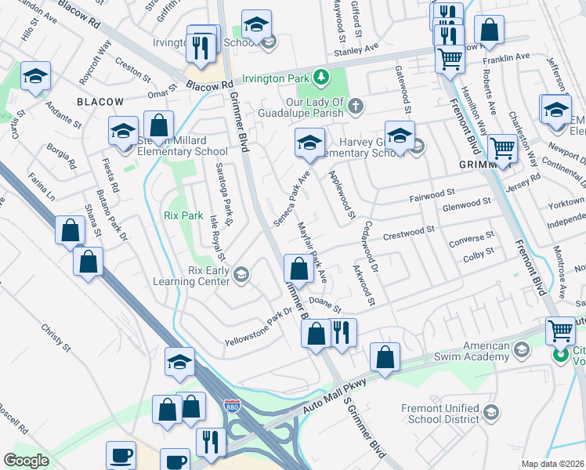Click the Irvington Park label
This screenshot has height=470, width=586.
click(x=274, y=78)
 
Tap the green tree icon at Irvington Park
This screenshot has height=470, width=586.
click(x=320, y=77)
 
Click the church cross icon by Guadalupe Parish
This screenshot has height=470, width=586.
click(x=355, y=105)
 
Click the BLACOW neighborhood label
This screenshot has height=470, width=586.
click(x=100, y=102)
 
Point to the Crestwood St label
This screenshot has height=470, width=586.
click(x=408, y=232)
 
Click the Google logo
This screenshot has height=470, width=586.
click(x=26, y=461)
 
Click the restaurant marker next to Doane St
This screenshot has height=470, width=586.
click(x=343, y=332)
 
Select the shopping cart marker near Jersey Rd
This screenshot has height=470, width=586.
click(x=501, y=148)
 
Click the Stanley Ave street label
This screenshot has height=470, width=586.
click(x=356, y=50)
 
